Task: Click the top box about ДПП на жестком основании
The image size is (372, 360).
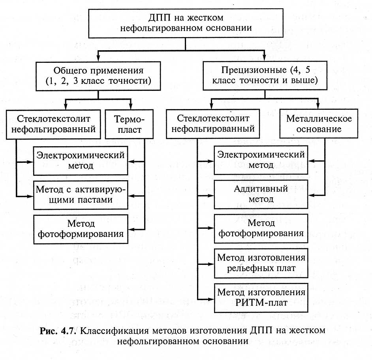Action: click(x=186, y=23)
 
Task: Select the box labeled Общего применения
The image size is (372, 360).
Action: click(x=98, y=76)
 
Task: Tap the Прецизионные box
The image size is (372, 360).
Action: click(x=265, y=75)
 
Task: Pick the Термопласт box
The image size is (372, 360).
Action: click(x=129, y=124)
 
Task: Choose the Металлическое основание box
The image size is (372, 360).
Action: click(x=319, y=124)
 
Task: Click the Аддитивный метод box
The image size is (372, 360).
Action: click(x=261, y=194)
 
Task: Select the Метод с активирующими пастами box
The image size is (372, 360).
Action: click(x=81, y=195)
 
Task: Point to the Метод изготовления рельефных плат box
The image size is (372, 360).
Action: click(x=261, y=263)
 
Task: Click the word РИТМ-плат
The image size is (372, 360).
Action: click(x=261, y=303)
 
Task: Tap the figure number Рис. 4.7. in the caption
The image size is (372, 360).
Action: click(x=58, y=331)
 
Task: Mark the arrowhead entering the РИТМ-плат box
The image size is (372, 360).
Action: click(x=210, y=299)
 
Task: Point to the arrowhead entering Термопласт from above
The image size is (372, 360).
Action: click(x=130, y=106)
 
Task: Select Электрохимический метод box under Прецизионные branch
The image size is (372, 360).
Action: click(x=261, y=160)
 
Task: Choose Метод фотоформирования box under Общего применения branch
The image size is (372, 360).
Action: click(x=81, y=229)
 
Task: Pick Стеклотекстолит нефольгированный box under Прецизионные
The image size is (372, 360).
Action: click(x=213, y=124)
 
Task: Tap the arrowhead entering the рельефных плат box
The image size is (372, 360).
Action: click(x=210, y=264)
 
